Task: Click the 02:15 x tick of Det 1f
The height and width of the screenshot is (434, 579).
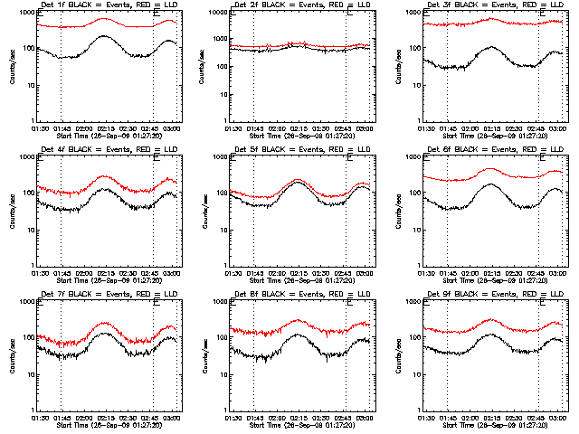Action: [106, 127]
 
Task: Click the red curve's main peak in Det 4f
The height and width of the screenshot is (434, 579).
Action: [105, 175]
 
